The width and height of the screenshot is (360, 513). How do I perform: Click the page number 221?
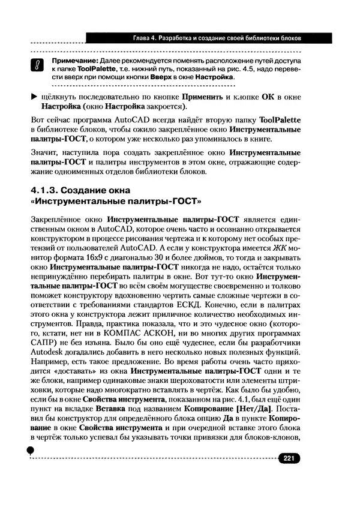(x=287, y=458)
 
